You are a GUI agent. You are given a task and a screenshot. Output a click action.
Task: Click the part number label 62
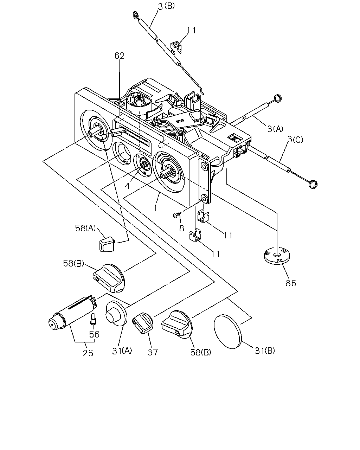tap(120, 56)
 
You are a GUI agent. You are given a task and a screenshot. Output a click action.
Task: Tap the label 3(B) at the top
tap(166, 6)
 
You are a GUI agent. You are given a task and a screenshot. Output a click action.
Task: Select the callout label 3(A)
tap(275, 129)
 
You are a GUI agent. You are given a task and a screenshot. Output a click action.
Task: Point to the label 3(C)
tap(295, 140)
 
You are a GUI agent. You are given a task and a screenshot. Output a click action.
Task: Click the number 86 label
tap(291, 283)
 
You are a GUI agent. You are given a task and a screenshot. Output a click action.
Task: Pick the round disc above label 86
tap(277, 256)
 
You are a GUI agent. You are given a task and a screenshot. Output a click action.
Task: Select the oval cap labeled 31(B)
tap(227, 332)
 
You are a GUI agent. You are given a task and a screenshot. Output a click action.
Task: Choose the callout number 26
tap(88, 353)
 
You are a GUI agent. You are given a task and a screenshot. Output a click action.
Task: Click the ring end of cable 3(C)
tap(313, 184)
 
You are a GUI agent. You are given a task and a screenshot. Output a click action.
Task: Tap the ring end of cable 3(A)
tap(278, 98)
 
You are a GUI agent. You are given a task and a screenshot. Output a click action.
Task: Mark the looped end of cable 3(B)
tap(136, 15)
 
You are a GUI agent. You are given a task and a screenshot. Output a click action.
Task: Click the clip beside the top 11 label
tap(176, 48)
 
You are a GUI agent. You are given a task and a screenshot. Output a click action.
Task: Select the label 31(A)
tap(122, 351)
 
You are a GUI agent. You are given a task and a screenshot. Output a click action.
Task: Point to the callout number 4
tap(127, 185)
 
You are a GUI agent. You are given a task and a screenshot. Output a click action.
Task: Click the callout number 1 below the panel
tap(155, 208)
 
